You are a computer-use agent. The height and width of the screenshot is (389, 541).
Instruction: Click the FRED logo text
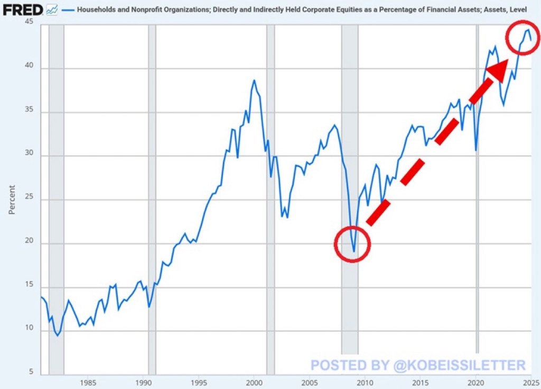coord(23,9)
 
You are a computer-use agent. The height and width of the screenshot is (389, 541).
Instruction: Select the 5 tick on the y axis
coord(31,372)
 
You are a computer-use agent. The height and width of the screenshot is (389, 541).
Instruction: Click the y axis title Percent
coord(12,200)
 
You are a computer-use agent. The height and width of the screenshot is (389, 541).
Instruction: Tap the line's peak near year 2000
coord(254,80)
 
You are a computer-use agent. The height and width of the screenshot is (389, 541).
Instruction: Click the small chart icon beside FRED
coord(52,9)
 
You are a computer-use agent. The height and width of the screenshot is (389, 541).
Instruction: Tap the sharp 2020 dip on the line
coord(476,150)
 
